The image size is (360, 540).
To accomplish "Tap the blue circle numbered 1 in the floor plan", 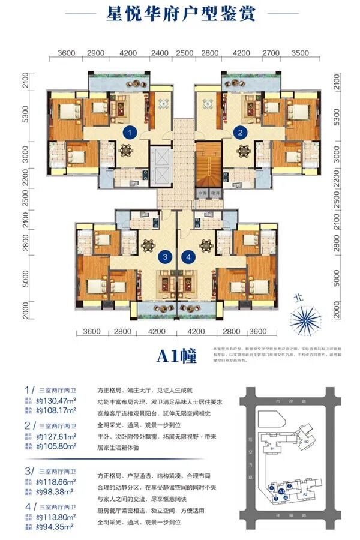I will pyautogui.click(x=127, y=131).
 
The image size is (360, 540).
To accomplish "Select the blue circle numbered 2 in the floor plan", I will pyautogui.click(x=241, y=131).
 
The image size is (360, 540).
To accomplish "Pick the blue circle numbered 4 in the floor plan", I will pyautogui.click(x=190, y=258).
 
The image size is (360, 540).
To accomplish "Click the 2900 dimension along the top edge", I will pyautogui.click(x=96, y=53).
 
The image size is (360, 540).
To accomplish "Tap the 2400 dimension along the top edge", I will pyautogui.click(x=160, y=53).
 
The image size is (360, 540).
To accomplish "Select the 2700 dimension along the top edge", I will pyautogui.click(x=269, y=53).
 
